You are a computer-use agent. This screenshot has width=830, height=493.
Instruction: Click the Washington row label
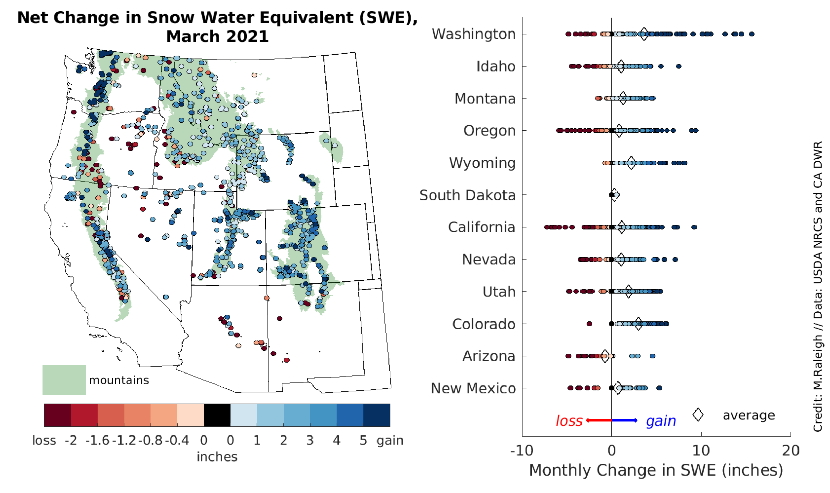[473, 34]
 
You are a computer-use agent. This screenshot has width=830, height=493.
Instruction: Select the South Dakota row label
[468, 195]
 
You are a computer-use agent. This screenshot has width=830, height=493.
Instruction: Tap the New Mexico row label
[473, 388]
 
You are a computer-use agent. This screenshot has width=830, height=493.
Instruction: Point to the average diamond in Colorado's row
[638, 324]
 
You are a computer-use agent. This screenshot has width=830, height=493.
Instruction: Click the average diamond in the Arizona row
[605, 356]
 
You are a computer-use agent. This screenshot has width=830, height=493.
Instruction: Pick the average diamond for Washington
[644, 34]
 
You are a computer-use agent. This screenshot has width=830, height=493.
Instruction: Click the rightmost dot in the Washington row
[752, 34]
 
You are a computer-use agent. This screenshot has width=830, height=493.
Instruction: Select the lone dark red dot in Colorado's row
[589, 324]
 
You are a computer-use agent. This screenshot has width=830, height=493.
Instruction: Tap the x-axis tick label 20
[791, 451]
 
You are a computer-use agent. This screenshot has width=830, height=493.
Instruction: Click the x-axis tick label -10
[521, 451]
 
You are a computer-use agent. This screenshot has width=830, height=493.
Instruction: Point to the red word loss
[569, 421]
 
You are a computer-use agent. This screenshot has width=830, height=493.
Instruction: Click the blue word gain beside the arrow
[661, 421]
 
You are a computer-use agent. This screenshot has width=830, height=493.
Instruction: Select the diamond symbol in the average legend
[698, 415]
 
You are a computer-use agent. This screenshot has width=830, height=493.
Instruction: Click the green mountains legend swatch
[64, 380]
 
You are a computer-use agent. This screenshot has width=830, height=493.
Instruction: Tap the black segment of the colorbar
[217, 415]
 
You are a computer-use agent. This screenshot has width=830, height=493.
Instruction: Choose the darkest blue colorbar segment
[376, 415]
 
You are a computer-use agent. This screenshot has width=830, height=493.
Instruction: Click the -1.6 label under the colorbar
[97, 440]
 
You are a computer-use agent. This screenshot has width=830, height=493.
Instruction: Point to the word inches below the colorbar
[217, 457]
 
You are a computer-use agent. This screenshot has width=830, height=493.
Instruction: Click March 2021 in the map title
[217, 36]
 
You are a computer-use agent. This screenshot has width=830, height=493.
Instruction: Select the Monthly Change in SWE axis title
[656, 470]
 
